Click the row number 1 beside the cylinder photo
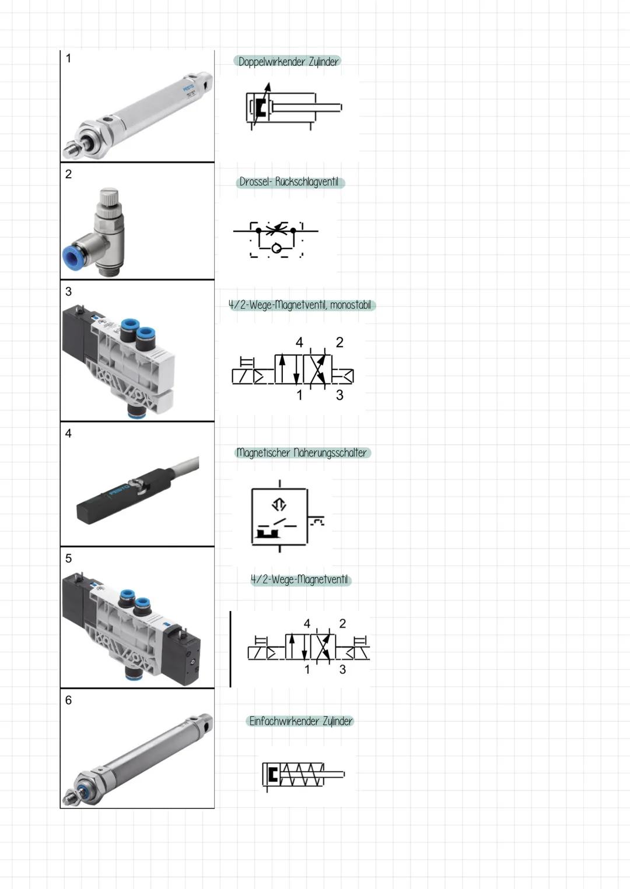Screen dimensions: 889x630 (x=68, y=58)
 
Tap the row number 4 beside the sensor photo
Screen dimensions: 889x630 (x=68, y=433)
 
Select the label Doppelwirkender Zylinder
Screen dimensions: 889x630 (x=288, y=62)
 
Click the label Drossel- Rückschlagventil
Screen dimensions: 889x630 (x=289, y=182)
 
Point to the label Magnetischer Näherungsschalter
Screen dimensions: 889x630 (x=302, y=453)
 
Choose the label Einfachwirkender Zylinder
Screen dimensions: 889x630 (x=300, y=721)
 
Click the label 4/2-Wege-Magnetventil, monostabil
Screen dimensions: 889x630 (x=300, y=305)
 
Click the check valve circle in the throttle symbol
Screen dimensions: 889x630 (x=276, y=249)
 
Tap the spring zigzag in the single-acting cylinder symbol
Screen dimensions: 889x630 (x=302, y=774)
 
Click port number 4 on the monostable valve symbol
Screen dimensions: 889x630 (x=299, y=342)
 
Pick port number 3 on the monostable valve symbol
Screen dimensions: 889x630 (x=339, y=395)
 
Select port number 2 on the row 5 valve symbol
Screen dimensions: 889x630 (x=342, y=624)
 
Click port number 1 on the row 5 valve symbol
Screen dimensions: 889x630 (x=307, y=670)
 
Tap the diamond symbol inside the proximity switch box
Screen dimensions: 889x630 (x=279, y=504)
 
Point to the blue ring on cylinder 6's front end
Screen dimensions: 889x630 (x=84, y=792)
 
